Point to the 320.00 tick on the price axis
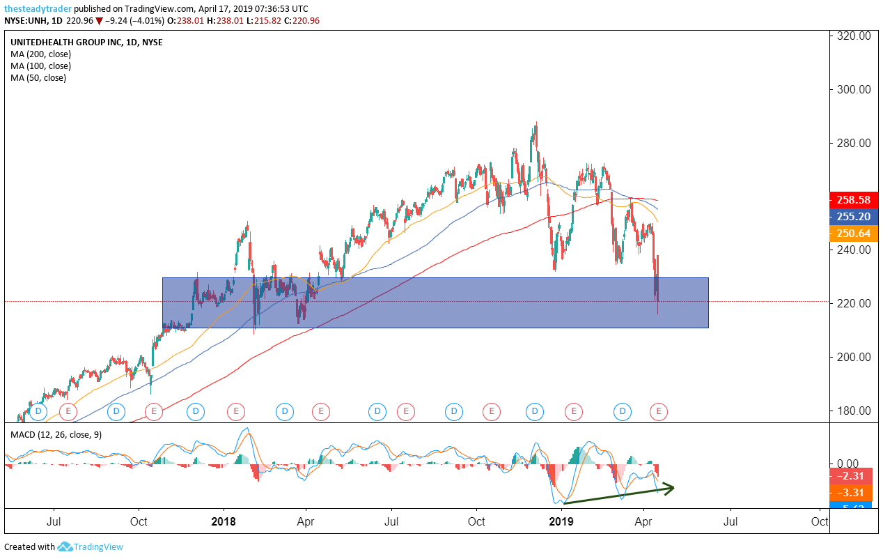coord(854,36)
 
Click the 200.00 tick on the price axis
coord(854,357)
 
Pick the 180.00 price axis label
coord(854,411)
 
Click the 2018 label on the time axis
coord(223,521)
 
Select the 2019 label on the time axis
coord(561,521)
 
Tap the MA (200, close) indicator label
coord(40,54)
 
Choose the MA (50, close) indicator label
coord(38,77)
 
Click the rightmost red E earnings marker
coord(659,412)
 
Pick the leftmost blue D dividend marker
coord(38,412)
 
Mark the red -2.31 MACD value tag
coord(850,477)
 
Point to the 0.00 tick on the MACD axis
coord(847,464)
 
